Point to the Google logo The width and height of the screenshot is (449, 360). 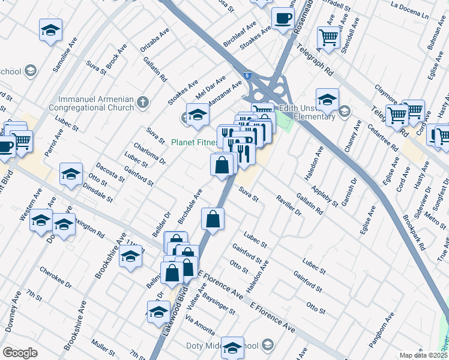point(20,353)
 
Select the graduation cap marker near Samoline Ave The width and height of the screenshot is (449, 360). point(51,29)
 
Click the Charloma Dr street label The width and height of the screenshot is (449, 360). point(154,152)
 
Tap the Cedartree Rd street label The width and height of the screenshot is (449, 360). point(384,137)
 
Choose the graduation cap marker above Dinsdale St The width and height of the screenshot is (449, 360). point(71,175)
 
